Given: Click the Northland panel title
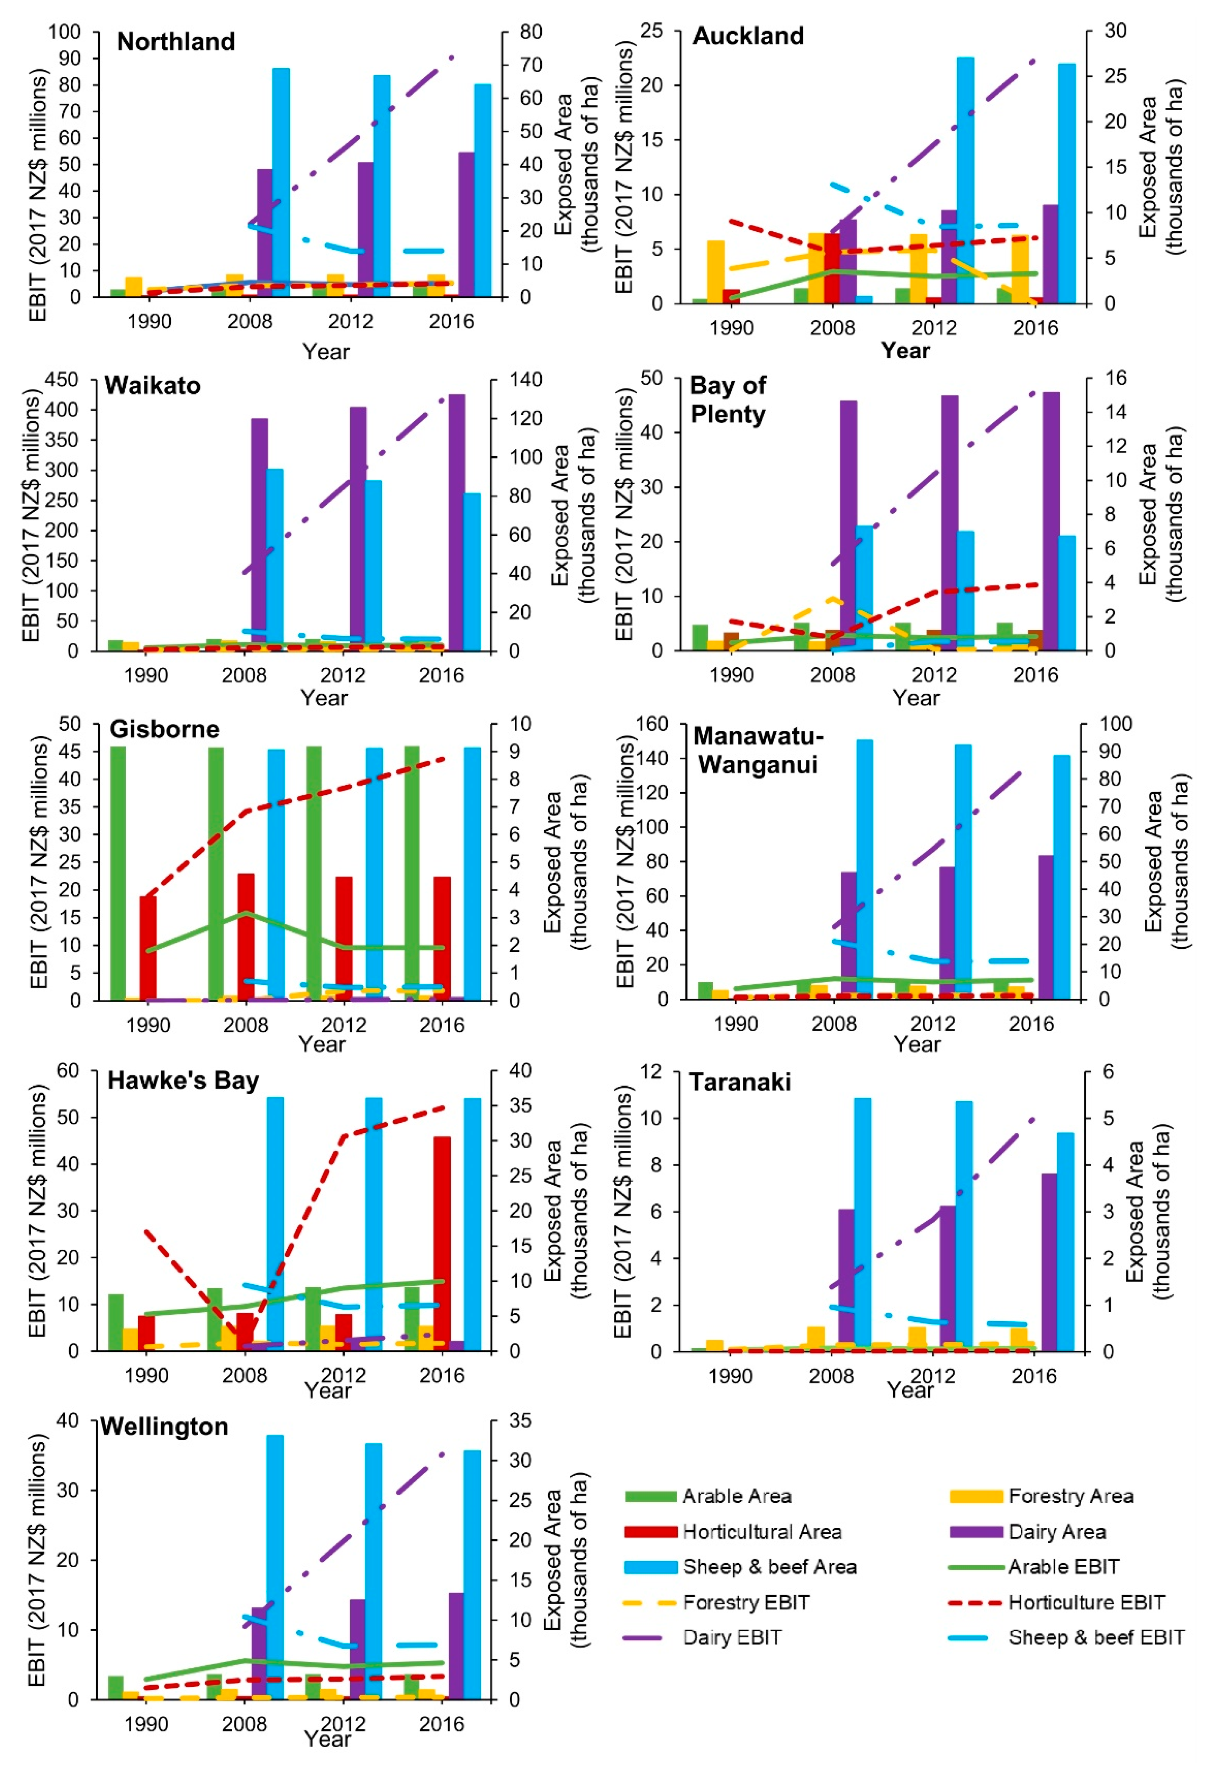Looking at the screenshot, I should [x=176, y=42].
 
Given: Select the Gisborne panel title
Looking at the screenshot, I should [x=164, y=729].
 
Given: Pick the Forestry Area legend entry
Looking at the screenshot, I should [x=1070, y=1496].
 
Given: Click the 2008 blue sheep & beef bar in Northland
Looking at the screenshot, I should [x=281, y=183].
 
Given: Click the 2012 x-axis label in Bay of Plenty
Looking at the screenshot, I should [x=933, y=675].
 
